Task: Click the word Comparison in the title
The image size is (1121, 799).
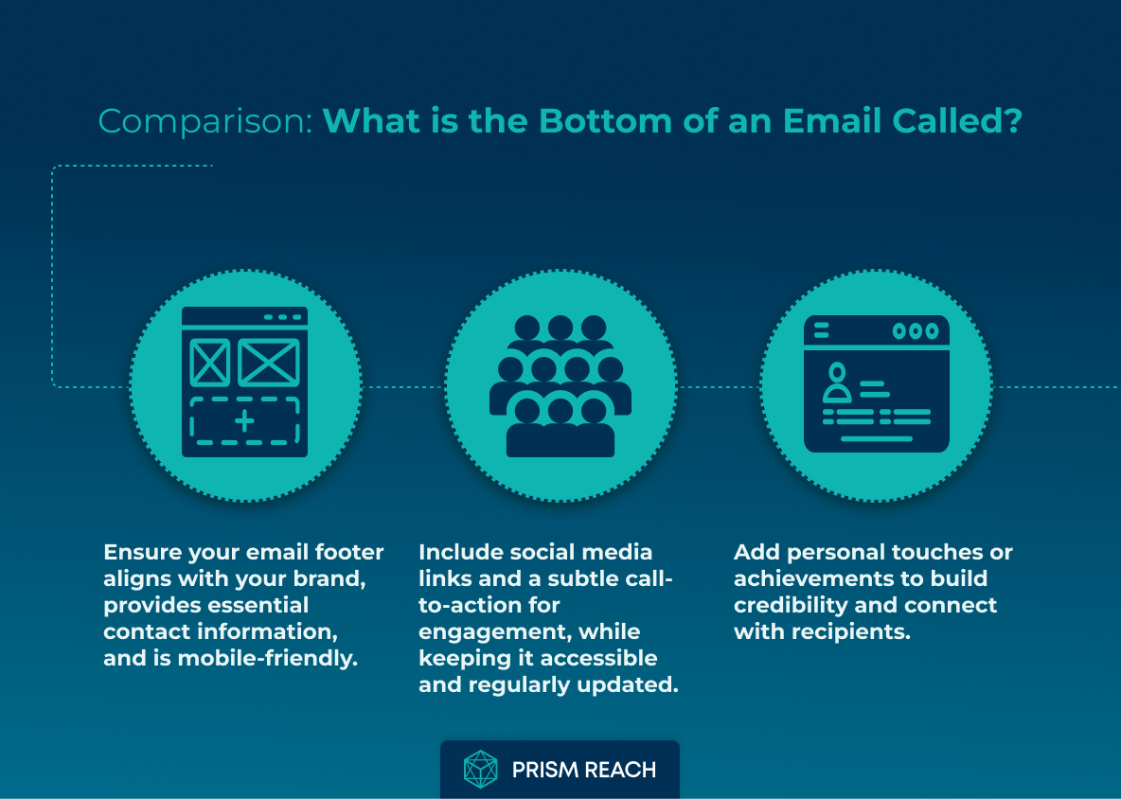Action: click(205, 122)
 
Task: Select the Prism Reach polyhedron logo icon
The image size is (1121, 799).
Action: click(480, 770)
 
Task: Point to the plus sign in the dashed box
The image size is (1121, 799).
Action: click(245, 421)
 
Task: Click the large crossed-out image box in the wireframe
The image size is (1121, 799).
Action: click(269, 363)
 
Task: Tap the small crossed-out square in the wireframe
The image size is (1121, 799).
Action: click(209, 363)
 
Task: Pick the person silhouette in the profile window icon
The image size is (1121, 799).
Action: click(836, 383)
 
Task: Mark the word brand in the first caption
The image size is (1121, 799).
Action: click(332, 578)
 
